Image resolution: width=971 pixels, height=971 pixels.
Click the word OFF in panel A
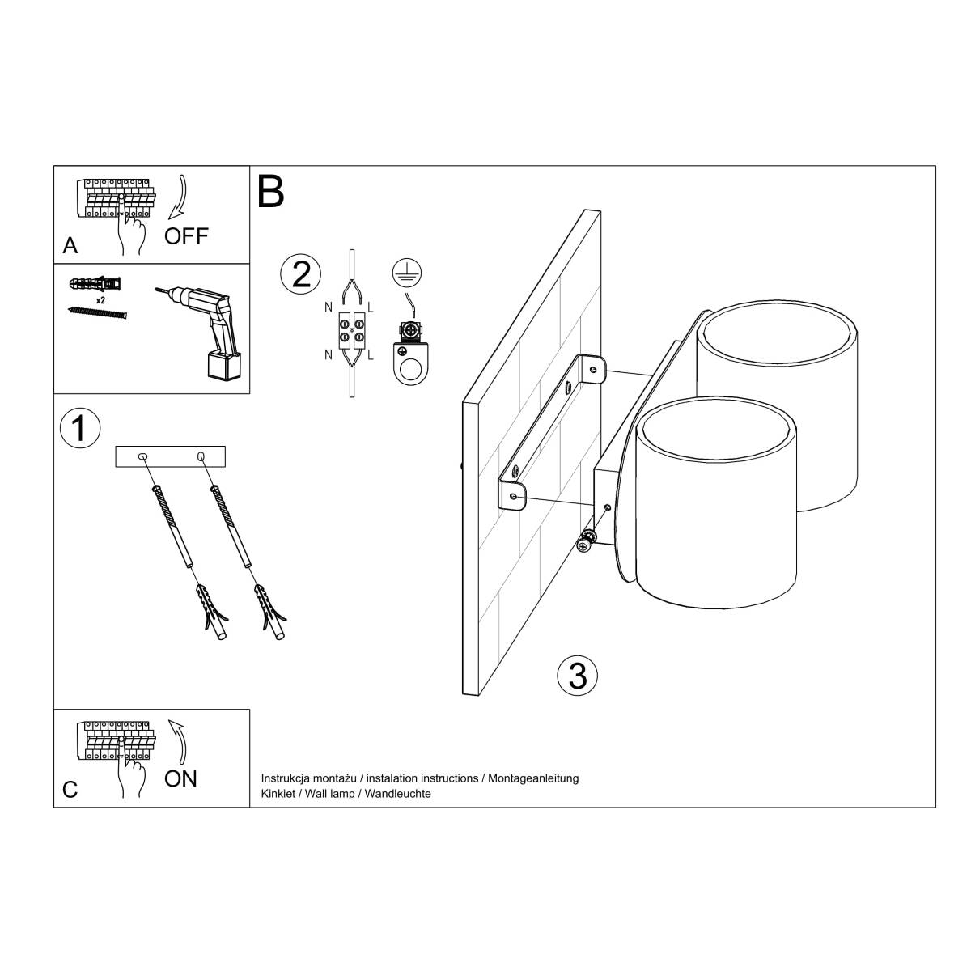tap(186, 236)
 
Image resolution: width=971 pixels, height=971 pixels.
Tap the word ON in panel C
tap(180, 778)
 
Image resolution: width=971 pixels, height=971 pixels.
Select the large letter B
tap(271, 192)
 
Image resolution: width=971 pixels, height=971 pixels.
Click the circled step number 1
tap(79, 428)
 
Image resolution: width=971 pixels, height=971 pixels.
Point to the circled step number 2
tap(300, 274)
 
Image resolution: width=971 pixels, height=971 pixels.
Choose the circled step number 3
tap(578, 675)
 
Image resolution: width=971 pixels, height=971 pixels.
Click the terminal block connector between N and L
tap(349, 330)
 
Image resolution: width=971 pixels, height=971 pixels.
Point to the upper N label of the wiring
tap(328, 307)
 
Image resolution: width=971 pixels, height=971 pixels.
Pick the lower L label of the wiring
tap(370, 355)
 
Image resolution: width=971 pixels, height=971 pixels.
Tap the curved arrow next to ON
tap(179, 740)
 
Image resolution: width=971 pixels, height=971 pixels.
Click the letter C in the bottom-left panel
tap(70, 790)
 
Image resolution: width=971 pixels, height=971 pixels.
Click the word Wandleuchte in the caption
tap(398, 794)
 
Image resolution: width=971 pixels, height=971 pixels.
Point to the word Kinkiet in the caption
tap(278, 794)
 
